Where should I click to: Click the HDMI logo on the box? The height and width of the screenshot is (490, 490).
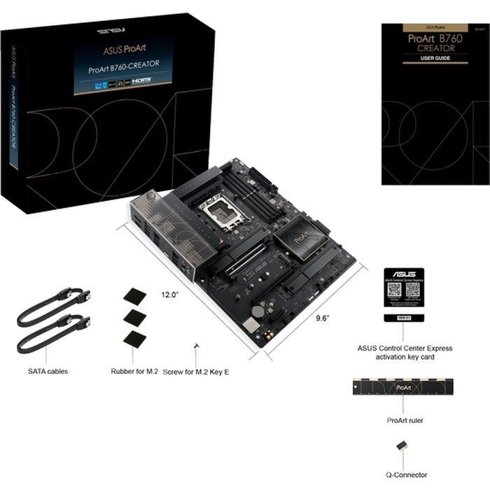click(x=144, y=81)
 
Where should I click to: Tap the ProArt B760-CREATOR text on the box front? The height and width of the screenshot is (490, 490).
click(x=123, y=64)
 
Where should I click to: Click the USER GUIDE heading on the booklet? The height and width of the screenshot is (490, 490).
click(x=426, y=59)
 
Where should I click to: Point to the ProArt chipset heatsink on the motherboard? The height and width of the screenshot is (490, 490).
click(x=300, y=238)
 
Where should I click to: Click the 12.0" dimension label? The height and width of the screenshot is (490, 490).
click(x=171, y=294)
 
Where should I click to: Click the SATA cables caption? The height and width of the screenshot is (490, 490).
click(x=48, y=371)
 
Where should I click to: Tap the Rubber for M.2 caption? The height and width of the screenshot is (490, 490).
click(x=134, y=372)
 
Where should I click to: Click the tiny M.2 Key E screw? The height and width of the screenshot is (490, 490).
click(x=197, y=346)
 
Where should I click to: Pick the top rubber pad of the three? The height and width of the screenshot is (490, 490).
click(x=134, y=295)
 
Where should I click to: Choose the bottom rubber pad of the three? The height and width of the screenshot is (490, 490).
click(x=134, y=339)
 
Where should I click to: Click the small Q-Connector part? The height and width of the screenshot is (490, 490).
click(x=402, y=446)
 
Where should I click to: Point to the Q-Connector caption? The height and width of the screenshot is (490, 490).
click(x=406, y=475)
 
